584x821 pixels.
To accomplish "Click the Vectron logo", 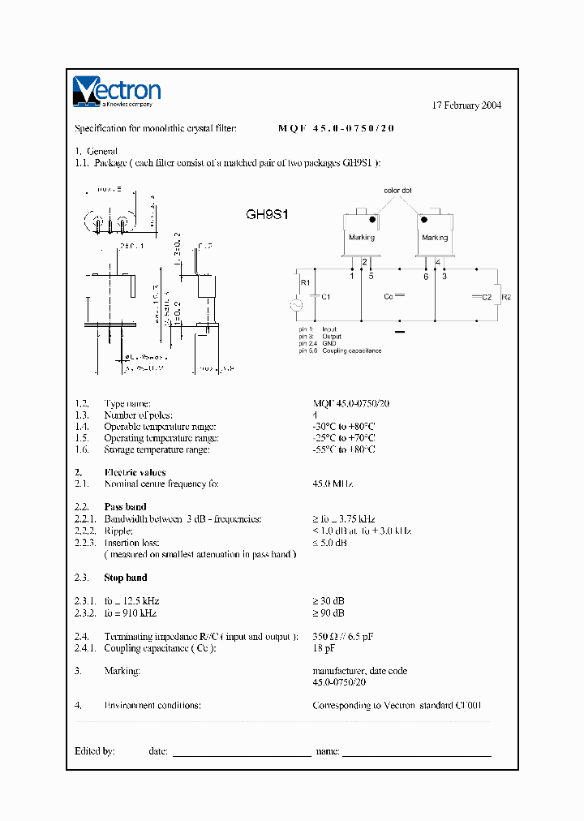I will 117,92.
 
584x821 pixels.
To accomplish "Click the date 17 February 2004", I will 466,105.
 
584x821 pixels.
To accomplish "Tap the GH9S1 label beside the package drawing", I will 268,216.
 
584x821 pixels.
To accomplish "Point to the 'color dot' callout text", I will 397,190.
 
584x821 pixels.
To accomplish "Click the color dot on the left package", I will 372,219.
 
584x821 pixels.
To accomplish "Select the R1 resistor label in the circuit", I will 305,282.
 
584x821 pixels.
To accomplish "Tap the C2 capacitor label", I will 487,298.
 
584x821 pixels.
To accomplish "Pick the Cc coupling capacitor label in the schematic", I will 389,297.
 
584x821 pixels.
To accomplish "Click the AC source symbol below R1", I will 297,305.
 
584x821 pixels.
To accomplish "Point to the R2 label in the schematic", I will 506,298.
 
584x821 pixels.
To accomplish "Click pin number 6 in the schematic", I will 425,277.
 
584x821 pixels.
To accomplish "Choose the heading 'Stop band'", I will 125,578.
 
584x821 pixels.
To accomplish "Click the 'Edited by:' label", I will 95,751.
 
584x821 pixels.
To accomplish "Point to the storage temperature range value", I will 344,449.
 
